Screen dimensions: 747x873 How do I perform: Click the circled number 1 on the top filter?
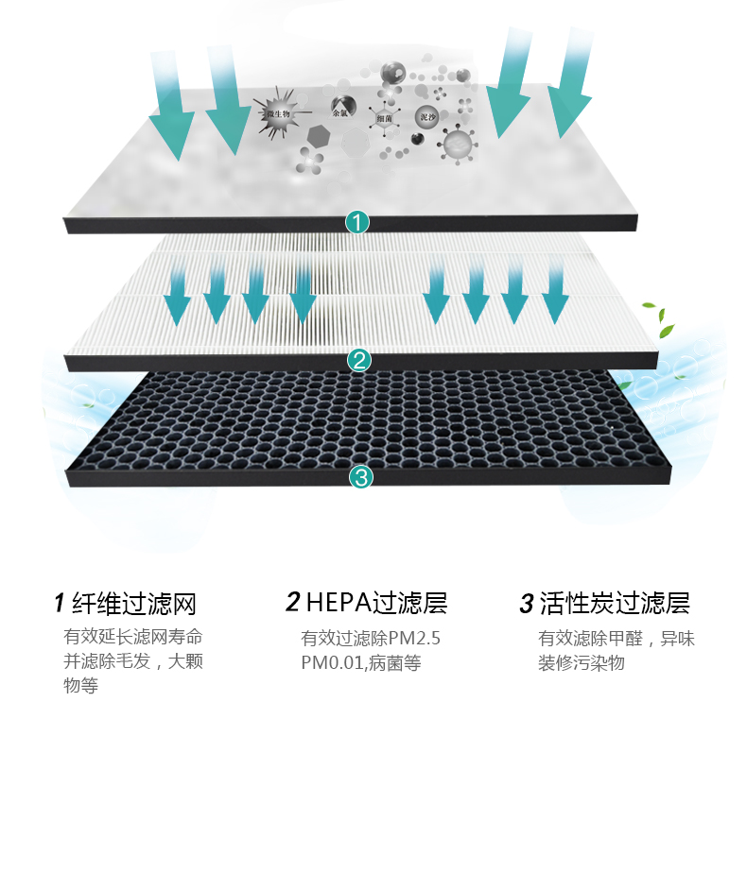[357, 223]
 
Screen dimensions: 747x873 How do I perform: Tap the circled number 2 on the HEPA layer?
[358, 360]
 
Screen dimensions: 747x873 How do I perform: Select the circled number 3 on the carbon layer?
[360, 477]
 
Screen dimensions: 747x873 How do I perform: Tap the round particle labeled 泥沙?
[427, 118]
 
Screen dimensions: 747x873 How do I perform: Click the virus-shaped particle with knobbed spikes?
[457, 145]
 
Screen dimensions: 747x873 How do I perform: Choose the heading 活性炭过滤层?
[614, 603]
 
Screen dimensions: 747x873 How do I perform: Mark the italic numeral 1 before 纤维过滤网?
[59, 603]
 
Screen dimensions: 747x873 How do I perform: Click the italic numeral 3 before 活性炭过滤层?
[527, 603]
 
